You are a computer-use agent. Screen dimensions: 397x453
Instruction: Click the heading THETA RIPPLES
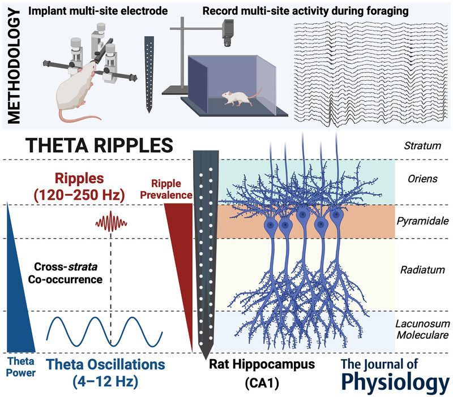point(91,146)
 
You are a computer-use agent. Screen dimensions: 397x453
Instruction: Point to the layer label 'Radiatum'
point(422,270)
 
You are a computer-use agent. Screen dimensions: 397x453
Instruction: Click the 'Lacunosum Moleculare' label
point(422,329)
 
